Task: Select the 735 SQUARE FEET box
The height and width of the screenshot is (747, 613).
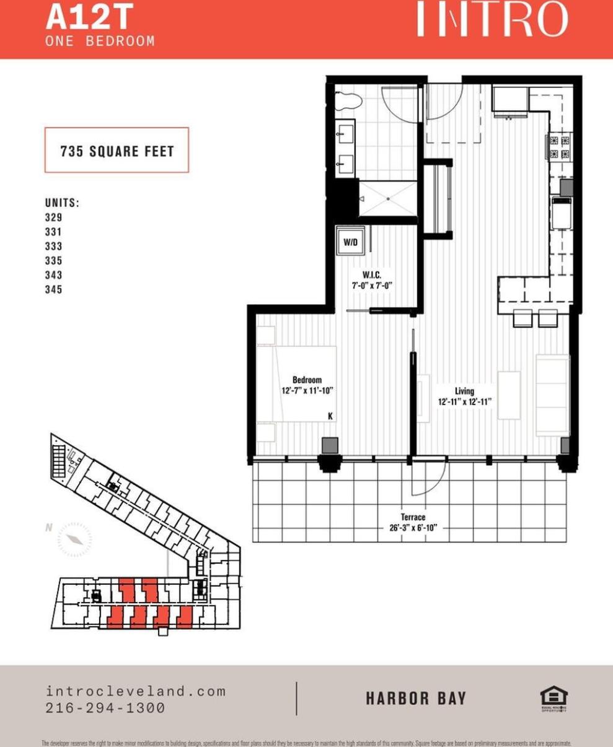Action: coord(117,151)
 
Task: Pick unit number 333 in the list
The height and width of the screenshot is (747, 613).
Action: coord(53,246)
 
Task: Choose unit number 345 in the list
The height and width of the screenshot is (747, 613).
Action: coord(53,289)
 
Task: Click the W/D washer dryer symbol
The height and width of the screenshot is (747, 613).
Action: coord(350,242)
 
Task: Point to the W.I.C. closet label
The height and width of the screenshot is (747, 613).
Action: coord(371,275)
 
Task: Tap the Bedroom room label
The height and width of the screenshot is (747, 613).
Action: coord(307,380)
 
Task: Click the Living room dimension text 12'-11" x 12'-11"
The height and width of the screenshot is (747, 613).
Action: coord(464,401)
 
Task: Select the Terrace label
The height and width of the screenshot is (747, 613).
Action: coord(412,517)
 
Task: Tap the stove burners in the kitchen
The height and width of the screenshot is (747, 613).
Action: coord(559,147)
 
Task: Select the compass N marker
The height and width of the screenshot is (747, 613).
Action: coord(48,528)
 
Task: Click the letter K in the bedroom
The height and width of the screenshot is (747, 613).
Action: coord(330,417)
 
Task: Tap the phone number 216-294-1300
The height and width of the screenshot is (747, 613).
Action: coord(105,707)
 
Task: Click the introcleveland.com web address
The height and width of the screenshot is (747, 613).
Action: coord(136,691)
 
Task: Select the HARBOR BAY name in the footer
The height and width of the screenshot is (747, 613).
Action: coord(415,699)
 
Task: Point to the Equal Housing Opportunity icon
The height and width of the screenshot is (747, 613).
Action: coord(553,698)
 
